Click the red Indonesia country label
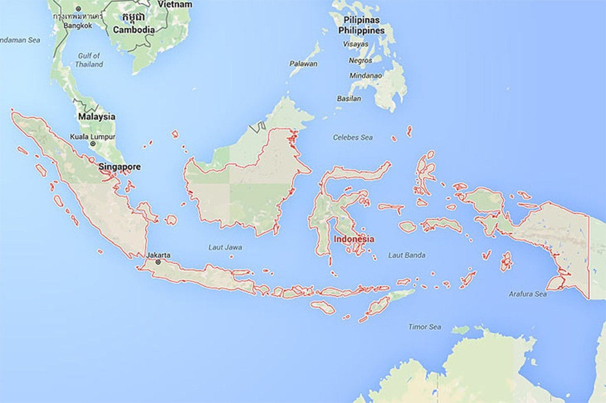[354, 239]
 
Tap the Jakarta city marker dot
[158, 262]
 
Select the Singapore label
[119, 166]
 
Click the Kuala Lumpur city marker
[93, 144]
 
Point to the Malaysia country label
[97, 117]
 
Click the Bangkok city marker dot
[78, 9]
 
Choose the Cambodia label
[134, 30]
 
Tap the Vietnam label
[174, 4]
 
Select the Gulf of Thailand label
[89, 60]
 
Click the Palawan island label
[303, 64]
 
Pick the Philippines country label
[361, 30]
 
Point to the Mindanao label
[366, 75]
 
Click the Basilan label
[349, 99]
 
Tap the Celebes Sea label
[353, 138]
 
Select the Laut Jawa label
[225, 247]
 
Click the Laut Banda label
[406, 255]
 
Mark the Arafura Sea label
[527, 294]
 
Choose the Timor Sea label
[425, 327]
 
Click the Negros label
[360, 61]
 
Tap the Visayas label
[356, 44]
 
